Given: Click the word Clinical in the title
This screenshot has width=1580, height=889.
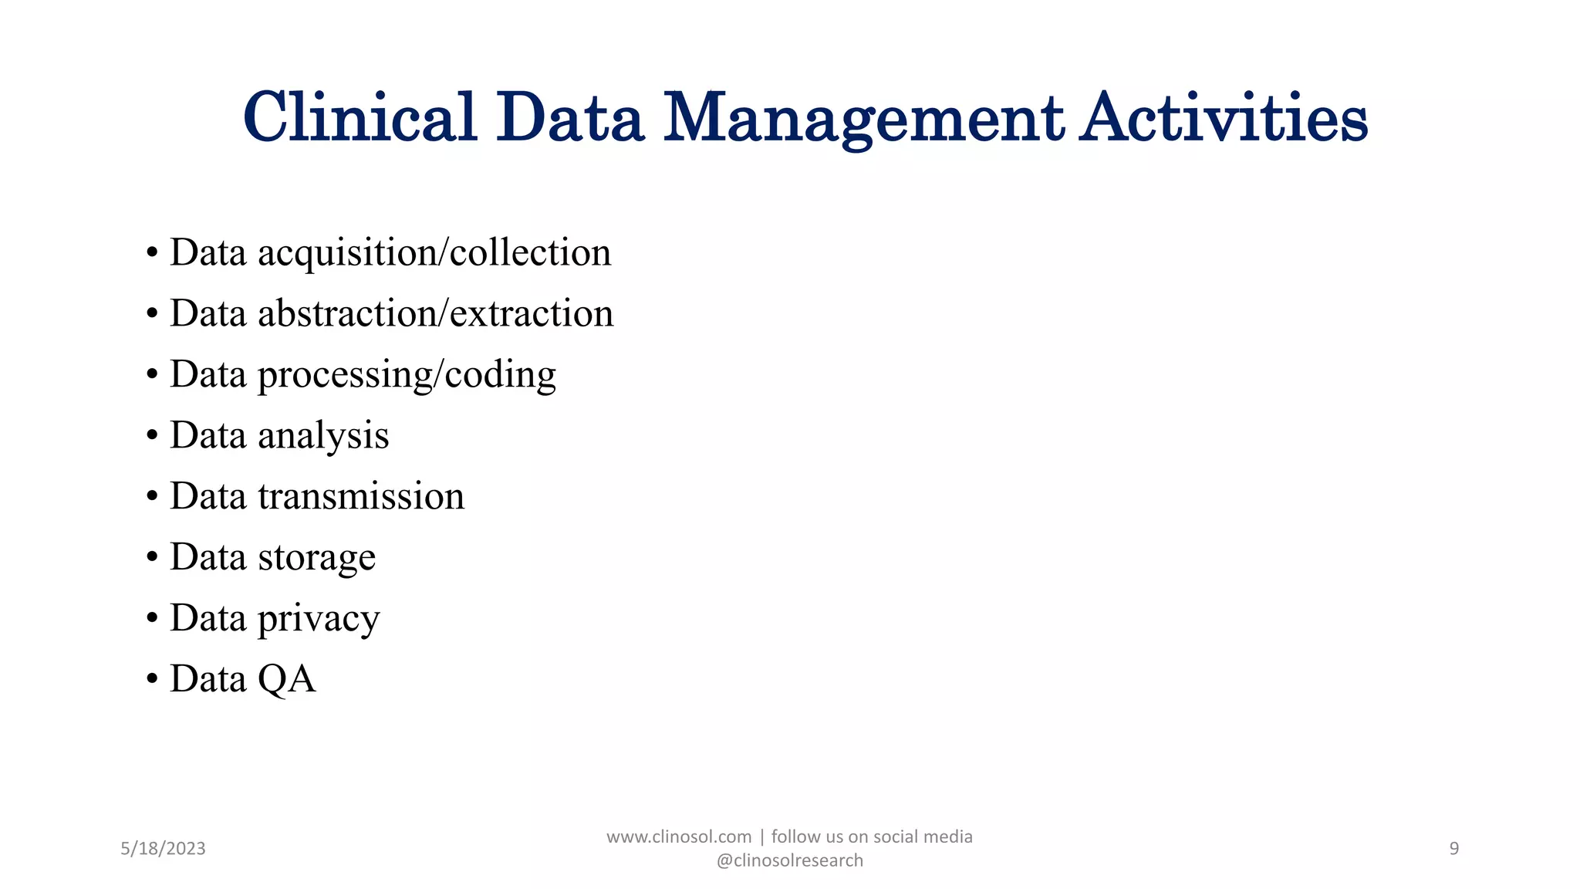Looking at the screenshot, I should pyautogui.click(x=360, y=118).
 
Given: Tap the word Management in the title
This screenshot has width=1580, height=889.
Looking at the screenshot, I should pyautogui.click(x=863, y=118).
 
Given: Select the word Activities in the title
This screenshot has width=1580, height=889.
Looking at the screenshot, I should pyautogui.click(x=1223, y=118).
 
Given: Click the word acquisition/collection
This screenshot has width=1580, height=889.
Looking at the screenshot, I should pyautogui.click(x=434, y=253).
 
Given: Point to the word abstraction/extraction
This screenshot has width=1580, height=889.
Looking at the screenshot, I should pyautogui.click(x=435, y=314).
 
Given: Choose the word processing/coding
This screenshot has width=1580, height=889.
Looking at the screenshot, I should pyautogui.click(x=407, y=375).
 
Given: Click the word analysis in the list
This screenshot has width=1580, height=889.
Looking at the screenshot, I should pyautogui.click(x=323, y=436).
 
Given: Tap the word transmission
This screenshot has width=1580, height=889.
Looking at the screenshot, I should pyautogui.click(x=361, y=496).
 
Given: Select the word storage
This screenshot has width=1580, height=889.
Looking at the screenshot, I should pyautogui.click(x=316, y=557).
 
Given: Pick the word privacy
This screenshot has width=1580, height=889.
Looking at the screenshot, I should pyautogui.click(x=319, y=619).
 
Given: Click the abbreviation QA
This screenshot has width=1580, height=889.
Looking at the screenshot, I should pyautogui.click(x=286, y=679).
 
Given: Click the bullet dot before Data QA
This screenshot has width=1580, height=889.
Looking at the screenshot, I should pyautogui.click(x=152, y=680).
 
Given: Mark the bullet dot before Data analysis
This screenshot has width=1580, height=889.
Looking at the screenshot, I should pyautogui.click(x=152, y=436).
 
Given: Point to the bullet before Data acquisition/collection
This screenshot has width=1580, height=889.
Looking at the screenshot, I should pyautogui.click(x=152, y=253).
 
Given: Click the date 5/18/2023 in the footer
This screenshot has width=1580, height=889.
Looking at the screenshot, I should pyautogui.click(x=163, y=849).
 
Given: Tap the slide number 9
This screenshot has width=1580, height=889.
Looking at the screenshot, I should pyautogui.click(x=1453, y=849).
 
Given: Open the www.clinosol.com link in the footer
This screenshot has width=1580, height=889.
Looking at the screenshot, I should pyautogui.click(x=679, y=837).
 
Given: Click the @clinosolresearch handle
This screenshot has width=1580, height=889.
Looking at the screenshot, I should pyautogui.click(x=789, y=860).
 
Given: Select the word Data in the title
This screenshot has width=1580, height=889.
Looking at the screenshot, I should pyautogui.click(x=569, y=118).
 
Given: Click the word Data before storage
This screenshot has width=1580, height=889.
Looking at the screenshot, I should pyautogui.click(x=208, y=557).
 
